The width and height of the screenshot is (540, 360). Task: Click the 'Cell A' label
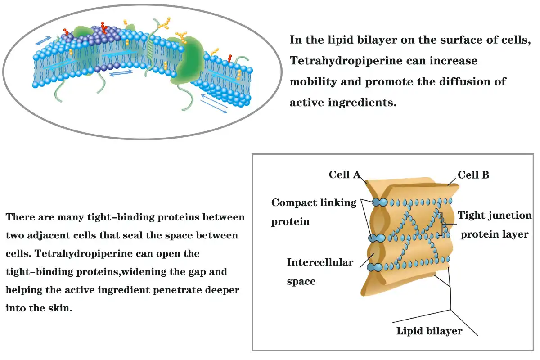pyautogui.click(x=345, y=175)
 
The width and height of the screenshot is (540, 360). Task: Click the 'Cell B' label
pyautogui.click(x=473, y=175)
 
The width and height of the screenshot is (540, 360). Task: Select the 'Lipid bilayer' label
pyautogui.click(x=429, y=331)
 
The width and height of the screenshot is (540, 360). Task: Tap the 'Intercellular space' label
pyautogui.click(x=320, y=272)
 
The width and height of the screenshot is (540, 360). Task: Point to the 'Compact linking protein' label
pyautogui.click(x=314, y=212)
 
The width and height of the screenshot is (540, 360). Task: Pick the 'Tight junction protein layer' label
pyautogui.click(x=495, y=225)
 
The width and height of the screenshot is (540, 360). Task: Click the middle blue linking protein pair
pyautogui.click(x=377, y=238)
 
